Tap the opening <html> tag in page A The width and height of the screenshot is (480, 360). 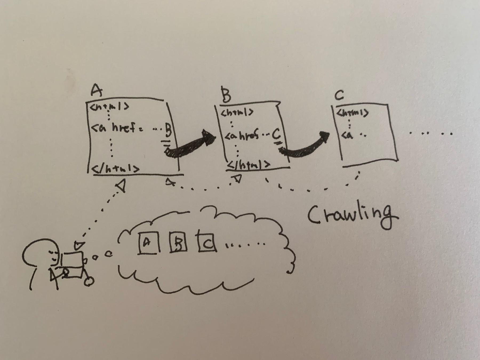tap(109, 107)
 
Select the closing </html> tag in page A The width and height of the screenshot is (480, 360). tap(115, 169)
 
